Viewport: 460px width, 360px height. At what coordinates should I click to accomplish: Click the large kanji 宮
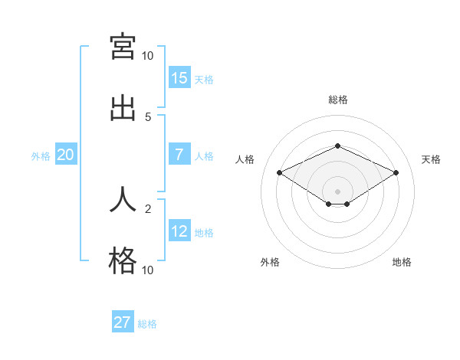(x=123, y=47)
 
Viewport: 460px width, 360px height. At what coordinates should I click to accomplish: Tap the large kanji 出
(x=123, y=107)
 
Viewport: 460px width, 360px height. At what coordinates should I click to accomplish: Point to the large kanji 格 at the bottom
(x=123, y=261)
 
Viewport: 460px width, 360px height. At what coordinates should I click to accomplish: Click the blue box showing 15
(x=179, y=77)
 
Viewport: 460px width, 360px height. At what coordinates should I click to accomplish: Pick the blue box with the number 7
(x=179, y=155)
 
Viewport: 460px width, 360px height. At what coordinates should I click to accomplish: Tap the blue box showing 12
(x=179, y=231)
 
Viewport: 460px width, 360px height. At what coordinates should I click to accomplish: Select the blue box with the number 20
(x=66, y=155)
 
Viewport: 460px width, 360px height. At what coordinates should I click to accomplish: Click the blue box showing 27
(x=123, y=322)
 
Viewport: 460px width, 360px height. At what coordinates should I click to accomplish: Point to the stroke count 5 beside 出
(x=148, y=116)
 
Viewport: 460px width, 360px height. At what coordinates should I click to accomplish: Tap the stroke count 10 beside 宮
(x=148, y=56)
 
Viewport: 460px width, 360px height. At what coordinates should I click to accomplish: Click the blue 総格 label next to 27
(x=147, y=324)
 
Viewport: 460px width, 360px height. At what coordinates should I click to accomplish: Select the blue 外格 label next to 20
(x=41, y=156)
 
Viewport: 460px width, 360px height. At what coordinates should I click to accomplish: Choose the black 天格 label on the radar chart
(x=431, y=159)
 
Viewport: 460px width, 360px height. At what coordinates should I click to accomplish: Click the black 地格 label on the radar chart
(x=402, y=262)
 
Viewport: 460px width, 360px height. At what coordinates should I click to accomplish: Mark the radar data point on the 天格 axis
(x=396, y=172)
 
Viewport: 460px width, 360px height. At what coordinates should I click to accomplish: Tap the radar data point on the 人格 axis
(x=280, y=172)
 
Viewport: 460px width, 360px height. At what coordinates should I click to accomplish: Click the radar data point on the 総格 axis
(x=337, y=146)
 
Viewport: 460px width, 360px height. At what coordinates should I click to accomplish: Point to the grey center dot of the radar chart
(x=337, y=191)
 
